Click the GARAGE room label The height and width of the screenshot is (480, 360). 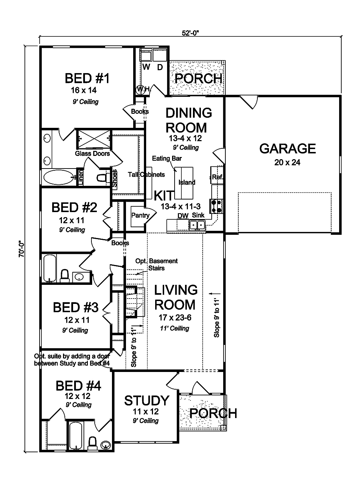click(287, 148)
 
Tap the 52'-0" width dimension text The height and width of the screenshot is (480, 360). click(190, 33)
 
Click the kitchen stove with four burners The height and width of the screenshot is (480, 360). click(217, 206)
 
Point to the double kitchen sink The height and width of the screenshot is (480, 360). click(197, 225)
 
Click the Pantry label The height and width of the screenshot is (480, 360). click(140, 215)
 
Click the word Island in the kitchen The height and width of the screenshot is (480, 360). click(187, 183)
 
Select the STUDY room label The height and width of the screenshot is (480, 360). click(147, 400)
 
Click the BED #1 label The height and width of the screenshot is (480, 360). click(87, 78)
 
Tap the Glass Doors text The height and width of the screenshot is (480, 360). click(92, 154)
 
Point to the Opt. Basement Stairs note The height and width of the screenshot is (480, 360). click(156, 265)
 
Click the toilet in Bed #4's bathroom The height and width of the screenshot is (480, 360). click(92, 441)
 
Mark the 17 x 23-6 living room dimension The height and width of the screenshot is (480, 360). click(175, 318)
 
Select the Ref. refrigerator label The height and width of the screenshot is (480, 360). click(217, 177)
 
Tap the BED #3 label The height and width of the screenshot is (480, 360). click(75, 308)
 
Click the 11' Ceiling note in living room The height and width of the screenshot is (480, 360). click(175, 328)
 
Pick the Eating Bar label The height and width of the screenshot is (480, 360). click(167, 158)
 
